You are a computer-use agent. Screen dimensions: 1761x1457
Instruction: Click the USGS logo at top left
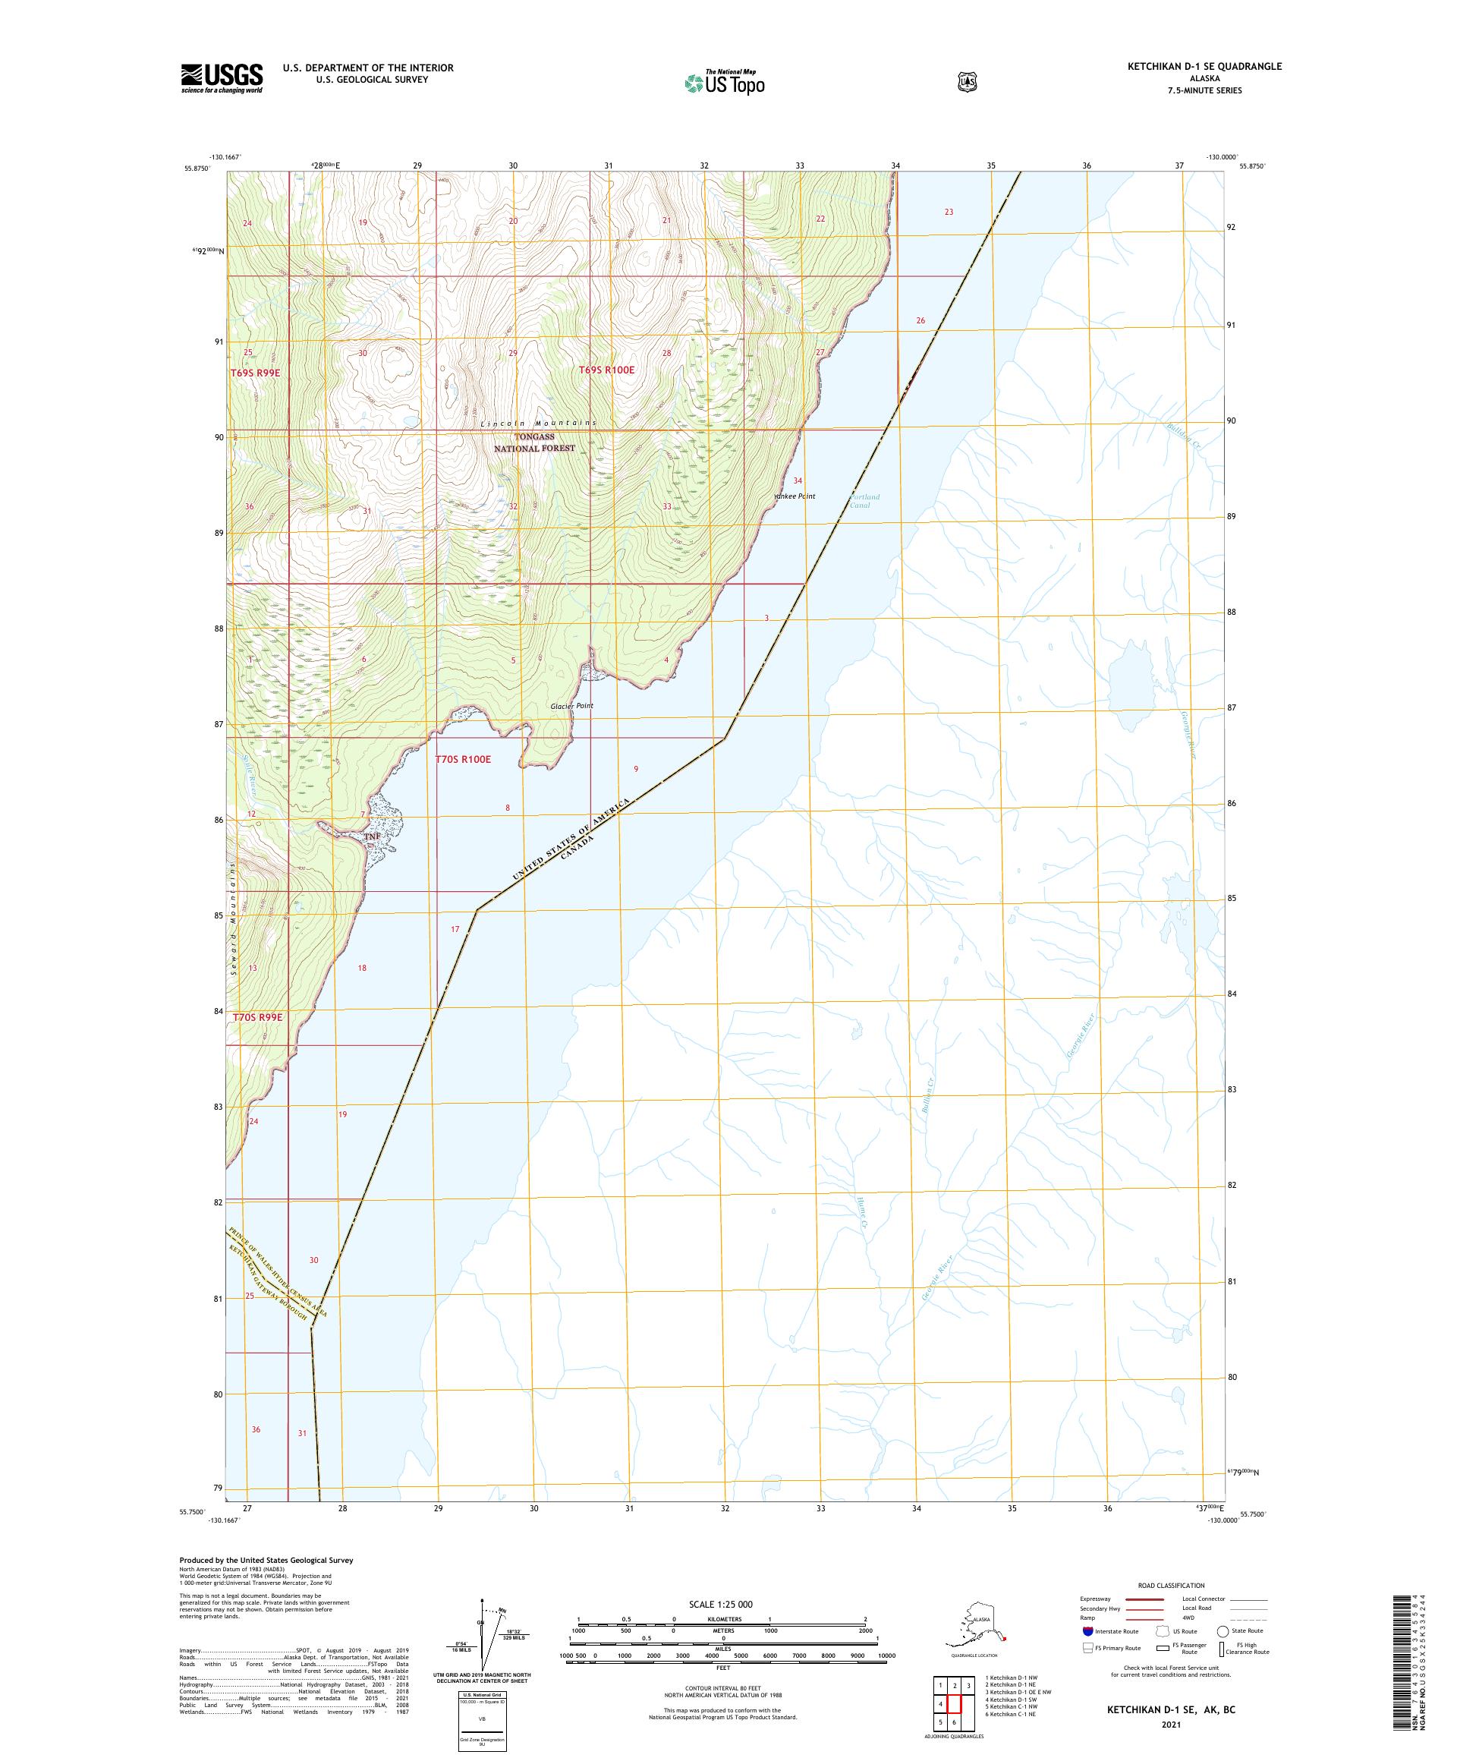[x=222, y=79]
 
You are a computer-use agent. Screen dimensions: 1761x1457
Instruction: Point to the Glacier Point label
[x=571, y=705]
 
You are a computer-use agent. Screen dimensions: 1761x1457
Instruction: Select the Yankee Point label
[x=795, y=496]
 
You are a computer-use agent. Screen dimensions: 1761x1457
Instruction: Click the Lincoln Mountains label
[x=538, y=423]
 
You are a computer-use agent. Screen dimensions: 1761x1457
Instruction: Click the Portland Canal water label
[x=864, y=501]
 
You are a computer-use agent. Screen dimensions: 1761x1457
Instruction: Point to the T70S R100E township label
[x=463, y=759]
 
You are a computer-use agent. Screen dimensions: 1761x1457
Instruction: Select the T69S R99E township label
[x=255, y=371]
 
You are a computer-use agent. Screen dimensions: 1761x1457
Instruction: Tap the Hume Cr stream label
[x=860, y=1212]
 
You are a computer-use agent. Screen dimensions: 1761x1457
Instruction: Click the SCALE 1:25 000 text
[x=720, y=1604]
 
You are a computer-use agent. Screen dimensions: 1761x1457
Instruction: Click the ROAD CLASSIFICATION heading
[x=1170, y=1585]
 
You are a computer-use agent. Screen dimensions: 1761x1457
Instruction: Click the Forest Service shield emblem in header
[x=968, y=81]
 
